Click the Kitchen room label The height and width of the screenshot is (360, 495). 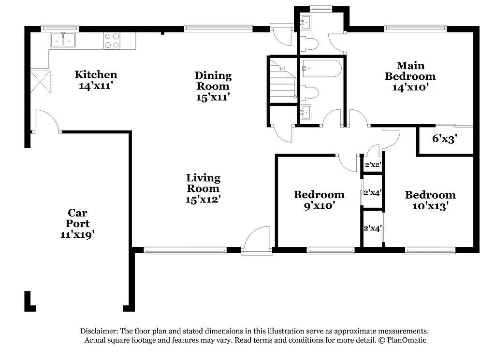click(96, 75)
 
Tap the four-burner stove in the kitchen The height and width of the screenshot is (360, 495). click(112, 41)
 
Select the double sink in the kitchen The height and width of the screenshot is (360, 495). click(64, 40)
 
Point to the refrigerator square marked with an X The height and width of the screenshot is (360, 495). click(41, 80)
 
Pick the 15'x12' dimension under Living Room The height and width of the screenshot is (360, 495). click(204, 199)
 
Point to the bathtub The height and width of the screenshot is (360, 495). click(321, 68)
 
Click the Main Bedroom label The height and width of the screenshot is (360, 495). click(410, 71)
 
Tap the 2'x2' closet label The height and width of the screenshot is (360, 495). click(373, 165)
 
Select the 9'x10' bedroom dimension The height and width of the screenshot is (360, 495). click(319, 205)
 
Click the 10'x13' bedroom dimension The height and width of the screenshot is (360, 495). click(430, 206)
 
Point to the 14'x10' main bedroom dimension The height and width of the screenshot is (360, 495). click(410, 87)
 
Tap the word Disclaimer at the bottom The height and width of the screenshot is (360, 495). click(99, 331)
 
